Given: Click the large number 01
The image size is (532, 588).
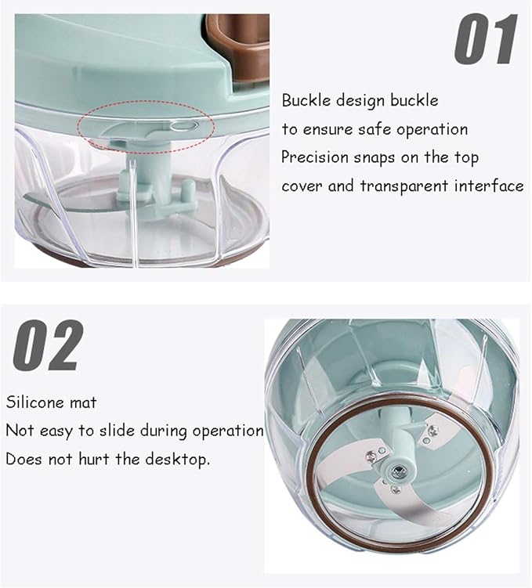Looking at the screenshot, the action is point(486,39).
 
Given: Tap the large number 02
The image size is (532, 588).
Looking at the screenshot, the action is point(47,345).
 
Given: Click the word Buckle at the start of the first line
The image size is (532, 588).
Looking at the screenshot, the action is point(306,100).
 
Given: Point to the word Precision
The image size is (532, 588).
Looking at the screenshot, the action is point(315,157).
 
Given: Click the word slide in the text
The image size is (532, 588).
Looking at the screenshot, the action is point(116,431).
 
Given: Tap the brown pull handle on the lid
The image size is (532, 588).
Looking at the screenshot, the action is point(239,49).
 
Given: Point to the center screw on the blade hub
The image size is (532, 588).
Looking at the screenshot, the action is point(396,471).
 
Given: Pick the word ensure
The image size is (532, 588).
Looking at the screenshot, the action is point(328,130).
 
